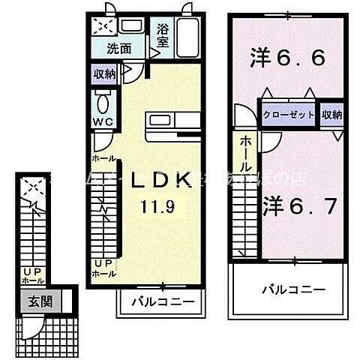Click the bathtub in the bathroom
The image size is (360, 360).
(188, 36)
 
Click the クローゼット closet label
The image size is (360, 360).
(289, 115)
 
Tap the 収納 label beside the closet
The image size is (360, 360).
(331, 115)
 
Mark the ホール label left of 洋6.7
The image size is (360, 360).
(245, 153)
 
